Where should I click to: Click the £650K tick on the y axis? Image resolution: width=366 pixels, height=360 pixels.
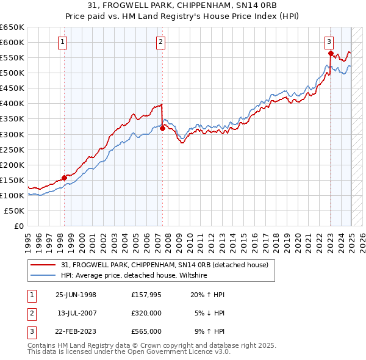pos(12,27)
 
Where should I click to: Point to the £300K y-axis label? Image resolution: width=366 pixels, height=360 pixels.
pos(12,134)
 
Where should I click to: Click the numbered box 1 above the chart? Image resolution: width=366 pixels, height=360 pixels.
pos(64,42)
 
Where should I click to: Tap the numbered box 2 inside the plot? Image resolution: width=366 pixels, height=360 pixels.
pos(160,42)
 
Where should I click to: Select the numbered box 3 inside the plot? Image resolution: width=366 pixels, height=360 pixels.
pos(329,42)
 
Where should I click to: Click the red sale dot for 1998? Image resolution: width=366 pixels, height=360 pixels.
pos(65,178)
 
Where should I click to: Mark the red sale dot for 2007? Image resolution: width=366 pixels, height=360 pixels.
pos(162,128)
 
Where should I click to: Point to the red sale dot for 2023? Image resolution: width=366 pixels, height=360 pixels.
pos(331,53)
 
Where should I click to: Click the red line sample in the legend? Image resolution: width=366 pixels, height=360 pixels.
pos(43,265)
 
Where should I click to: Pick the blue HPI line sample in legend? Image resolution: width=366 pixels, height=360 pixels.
pos(43,275)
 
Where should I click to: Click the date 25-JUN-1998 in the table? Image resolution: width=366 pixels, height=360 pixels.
pos(76,295)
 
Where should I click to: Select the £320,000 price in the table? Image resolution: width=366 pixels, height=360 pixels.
pos(146,313)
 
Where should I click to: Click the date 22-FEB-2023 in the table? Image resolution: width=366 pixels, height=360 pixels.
pos(76,331)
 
